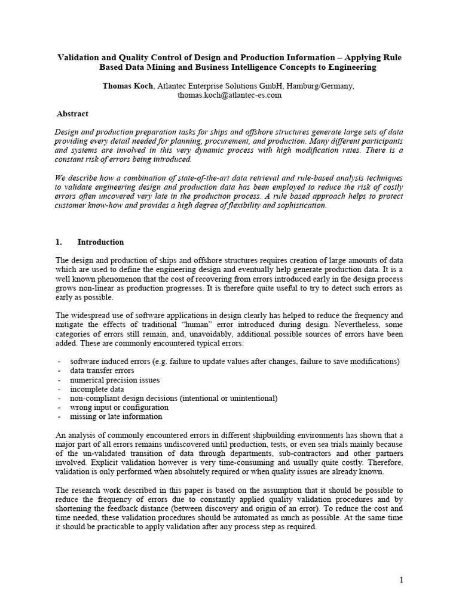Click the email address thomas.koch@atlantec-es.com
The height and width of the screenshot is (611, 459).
[229, 95]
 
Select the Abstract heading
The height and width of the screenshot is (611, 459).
[72, 113]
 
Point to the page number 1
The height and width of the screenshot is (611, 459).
[402, 579]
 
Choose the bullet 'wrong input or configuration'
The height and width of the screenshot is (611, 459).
[119, 408]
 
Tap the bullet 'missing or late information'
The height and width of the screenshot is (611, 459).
[116, 416]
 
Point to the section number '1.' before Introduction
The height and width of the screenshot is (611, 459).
[59, 242]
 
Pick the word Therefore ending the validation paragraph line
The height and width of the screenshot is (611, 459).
[384, 462]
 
